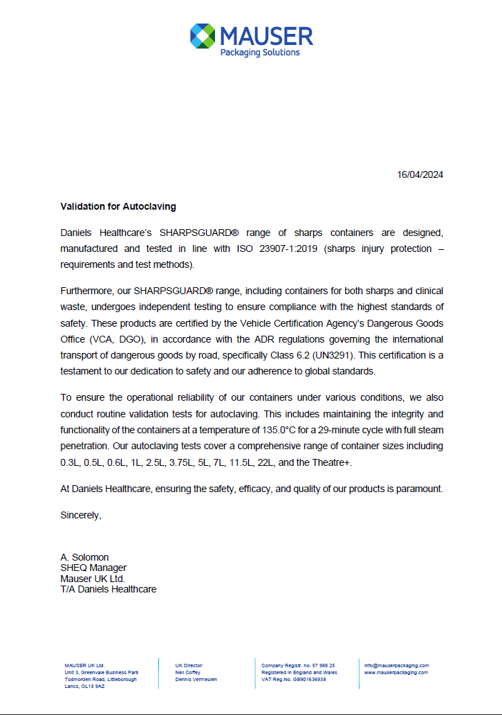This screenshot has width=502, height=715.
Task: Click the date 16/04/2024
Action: click(420, 174)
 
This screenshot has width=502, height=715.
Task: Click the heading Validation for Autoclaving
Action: click(118, 206)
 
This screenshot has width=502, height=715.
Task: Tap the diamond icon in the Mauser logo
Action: click(203, 36)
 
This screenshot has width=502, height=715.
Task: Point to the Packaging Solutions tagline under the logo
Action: click(260, 53)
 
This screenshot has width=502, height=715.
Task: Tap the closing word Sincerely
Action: click(81, 515)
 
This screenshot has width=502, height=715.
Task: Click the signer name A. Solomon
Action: click(84, 557)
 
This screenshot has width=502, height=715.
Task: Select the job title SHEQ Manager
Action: click(93, 568)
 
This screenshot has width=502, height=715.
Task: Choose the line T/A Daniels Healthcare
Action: click(108, 589)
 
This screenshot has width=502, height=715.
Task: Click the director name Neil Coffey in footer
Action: click(189, 672)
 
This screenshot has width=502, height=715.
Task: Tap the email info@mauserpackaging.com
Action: click(396, 665)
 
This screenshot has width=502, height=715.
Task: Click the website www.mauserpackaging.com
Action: click(396, 672)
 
